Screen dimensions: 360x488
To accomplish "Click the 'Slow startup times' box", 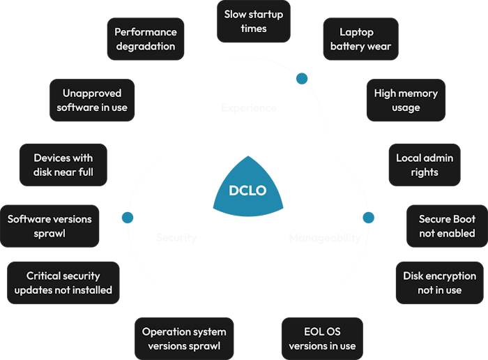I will [254, 21].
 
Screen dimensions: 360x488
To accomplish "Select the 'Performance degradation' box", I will [146, 39].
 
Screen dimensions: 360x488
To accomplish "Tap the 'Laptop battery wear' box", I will [360, 39].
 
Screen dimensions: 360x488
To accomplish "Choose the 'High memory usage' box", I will [406, 100].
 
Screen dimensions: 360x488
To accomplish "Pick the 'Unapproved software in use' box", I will [92, 100].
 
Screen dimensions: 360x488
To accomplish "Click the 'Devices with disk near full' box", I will [63, 165].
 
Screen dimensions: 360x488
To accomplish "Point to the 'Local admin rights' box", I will [424, 165].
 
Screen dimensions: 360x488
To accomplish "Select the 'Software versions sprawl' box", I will [49, 225].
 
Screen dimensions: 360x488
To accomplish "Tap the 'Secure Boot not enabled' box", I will [447, 225].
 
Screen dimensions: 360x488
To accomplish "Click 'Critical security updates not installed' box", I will [63, 283].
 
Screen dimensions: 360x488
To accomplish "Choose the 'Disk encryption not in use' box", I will [439, 283].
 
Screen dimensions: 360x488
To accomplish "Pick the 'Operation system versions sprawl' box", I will [184, 338].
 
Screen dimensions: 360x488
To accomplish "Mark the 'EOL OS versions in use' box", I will [322, 338].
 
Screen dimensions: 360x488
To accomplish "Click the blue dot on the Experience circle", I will [302, 78].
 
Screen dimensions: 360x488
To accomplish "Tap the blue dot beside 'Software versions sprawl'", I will [128, 218].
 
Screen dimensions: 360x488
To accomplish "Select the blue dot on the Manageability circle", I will [368, 218].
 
